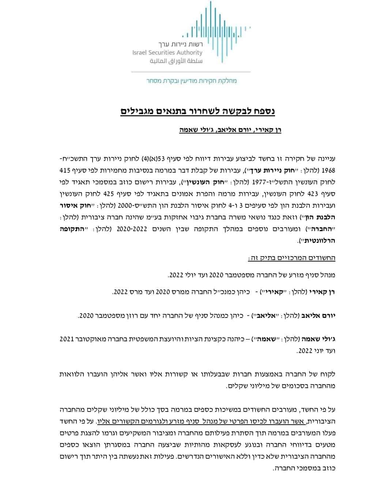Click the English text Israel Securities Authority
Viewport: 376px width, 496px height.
(167, 53)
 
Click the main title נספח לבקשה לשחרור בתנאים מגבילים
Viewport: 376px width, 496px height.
(198, 111)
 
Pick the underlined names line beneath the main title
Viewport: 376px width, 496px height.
(230, 130)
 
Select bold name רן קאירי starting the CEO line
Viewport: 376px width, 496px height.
(323, 292)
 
